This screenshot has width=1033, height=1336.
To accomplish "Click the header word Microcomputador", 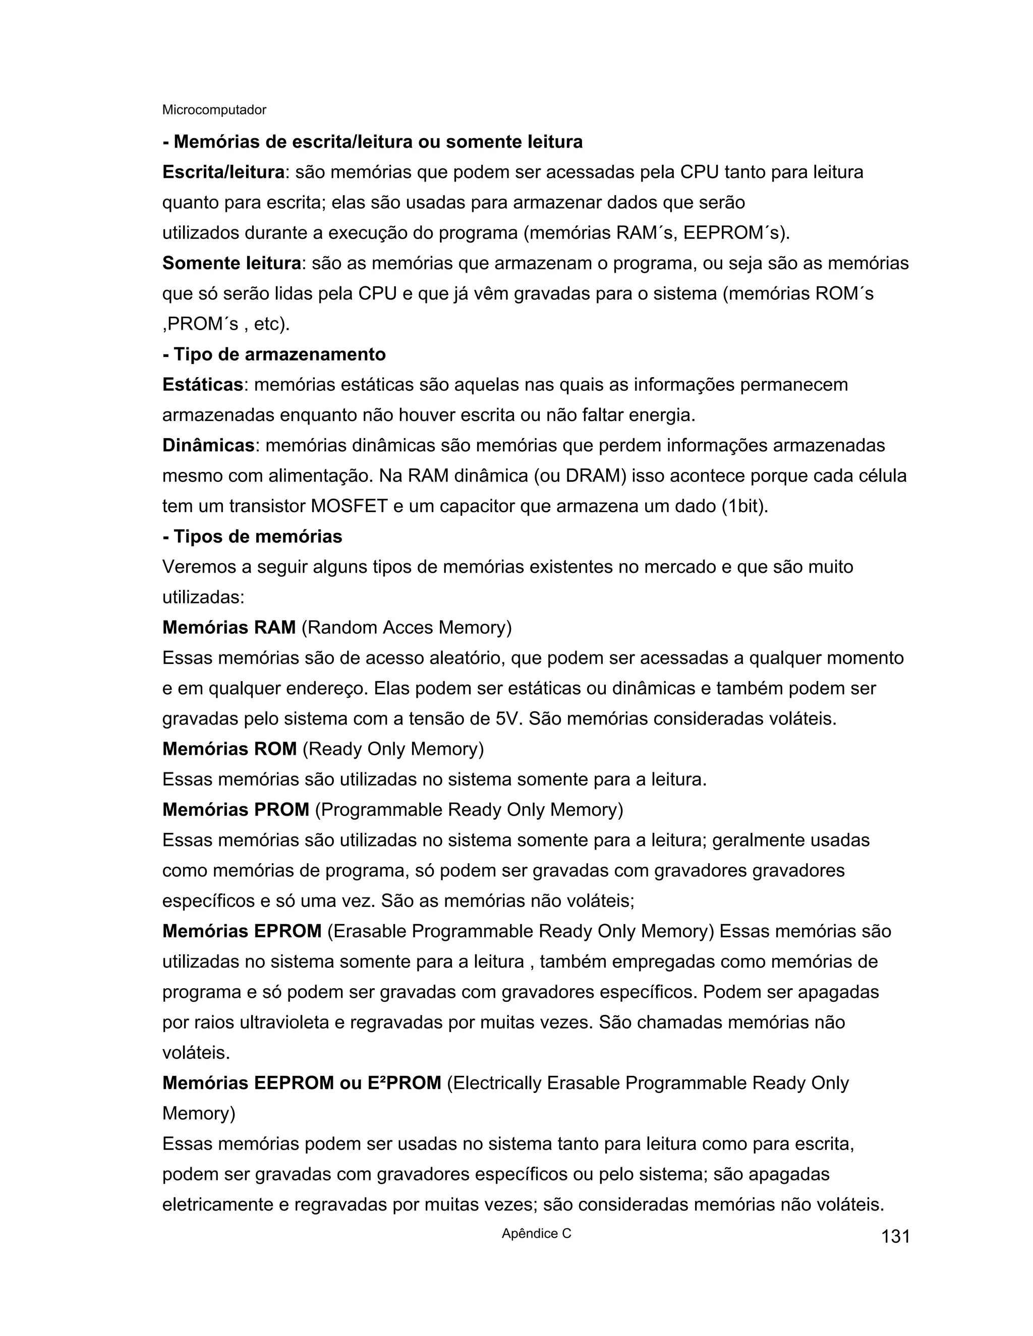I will pos(214,110).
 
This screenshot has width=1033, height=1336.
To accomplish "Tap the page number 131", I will pos(895,1236).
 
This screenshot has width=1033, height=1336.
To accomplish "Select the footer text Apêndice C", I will pos(536,1233).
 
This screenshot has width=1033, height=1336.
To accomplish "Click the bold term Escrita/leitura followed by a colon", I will pos(223,172).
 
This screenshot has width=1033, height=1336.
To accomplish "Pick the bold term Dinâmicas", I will pos(208,445).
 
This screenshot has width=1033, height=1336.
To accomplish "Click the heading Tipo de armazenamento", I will pos(274,354).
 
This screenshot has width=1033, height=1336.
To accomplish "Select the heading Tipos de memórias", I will pos(252,536).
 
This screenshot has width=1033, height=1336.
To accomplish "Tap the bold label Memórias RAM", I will pos(229,628).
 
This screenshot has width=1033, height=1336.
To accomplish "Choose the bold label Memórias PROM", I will pos(236,810).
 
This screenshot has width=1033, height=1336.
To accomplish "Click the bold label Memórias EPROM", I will pos(242,931).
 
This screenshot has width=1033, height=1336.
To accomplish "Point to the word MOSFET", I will pos(350,507).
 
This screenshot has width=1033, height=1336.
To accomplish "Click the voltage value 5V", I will pos(509,719).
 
